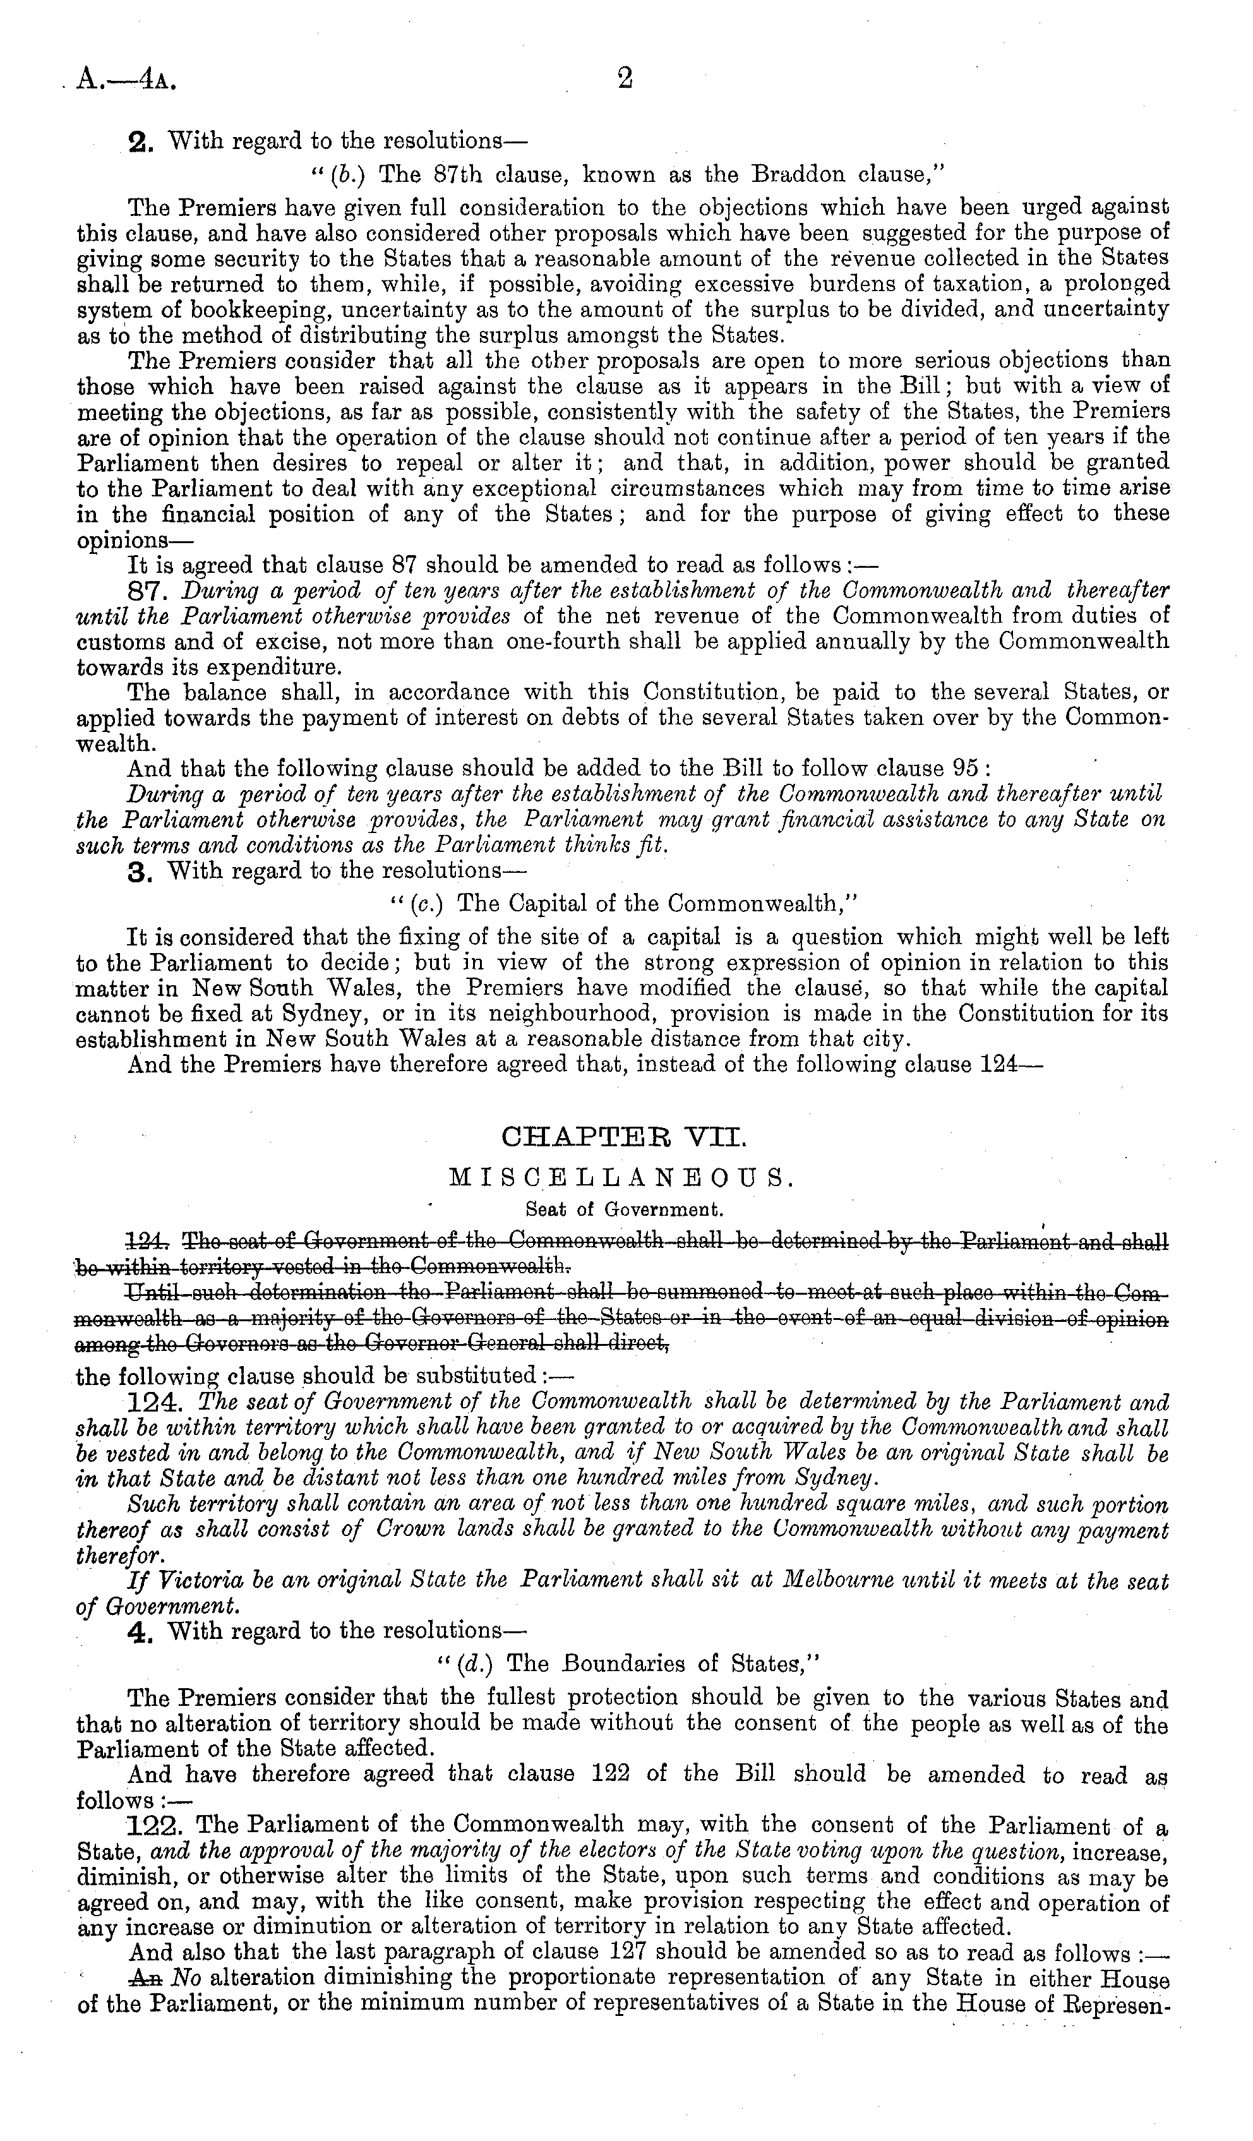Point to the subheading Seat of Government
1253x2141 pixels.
pos(625,1208)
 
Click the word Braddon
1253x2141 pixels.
pos(791,175)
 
